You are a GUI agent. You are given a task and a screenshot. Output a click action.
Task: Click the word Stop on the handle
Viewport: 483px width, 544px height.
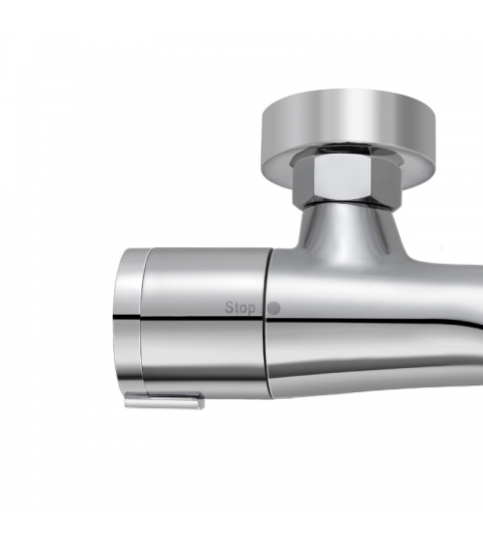(x=239, y=308)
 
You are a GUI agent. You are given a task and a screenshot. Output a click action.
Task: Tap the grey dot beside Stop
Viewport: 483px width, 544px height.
(x=273, y=308)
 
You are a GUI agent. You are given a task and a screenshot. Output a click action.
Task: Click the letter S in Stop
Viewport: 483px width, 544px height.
(x=229, y=308)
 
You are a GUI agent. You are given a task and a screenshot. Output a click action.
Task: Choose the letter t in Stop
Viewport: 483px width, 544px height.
(x=236, y=308)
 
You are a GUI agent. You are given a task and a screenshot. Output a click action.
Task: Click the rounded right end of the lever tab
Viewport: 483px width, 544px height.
(x=200, y=399)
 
